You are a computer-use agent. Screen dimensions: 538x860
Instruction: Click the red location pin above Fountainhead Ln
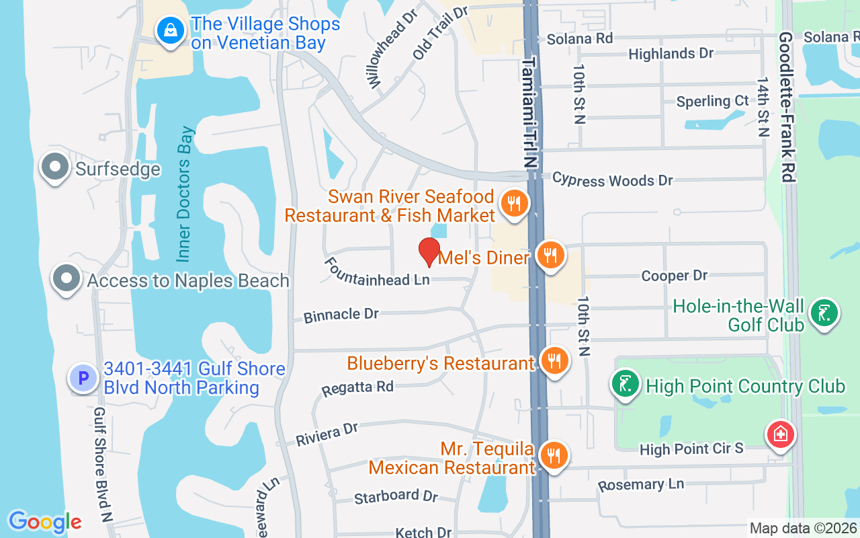point(429,252)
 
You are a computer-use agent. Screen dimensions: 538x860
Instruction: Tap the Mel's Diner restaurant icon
point(550,256)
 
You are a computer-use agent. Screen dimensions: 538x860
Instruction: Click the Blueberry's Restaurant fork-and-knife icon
point(554,361)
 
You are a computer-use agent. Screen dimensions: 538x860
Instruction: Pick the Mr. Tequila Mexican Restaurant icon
point(554,456)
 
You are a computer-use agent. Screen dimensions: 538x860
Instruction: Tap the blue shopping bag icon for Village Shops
point(171,30)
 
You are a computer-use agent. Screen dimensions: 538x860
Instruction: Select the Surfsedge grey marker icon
point(55,166)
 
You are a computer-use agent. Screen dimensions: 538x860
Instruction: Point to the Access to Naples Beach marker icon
point(67,278)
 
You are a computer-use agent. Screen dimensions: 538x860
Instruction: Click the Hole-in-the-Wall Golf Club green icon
point(824,313)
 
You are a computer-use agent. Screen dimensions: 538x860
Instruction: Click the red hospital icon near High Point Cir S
point(781,434)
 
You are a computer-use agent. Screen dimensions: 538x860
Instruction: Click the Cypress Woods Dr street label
point(612,180)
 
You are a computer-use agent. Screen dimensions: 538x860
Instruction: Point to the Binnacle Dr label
point(341,315)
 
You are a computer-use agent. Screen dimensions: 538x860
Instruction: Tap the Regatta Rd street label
point(357,388)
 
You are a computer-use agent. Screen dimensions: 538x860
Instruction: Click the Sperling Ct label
point(712,102)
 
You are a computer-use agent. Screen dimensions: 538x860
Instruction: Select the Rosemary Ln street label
point(640,484)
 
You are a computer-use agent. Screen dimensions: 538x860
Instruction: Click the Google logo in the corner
point(44,522)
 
